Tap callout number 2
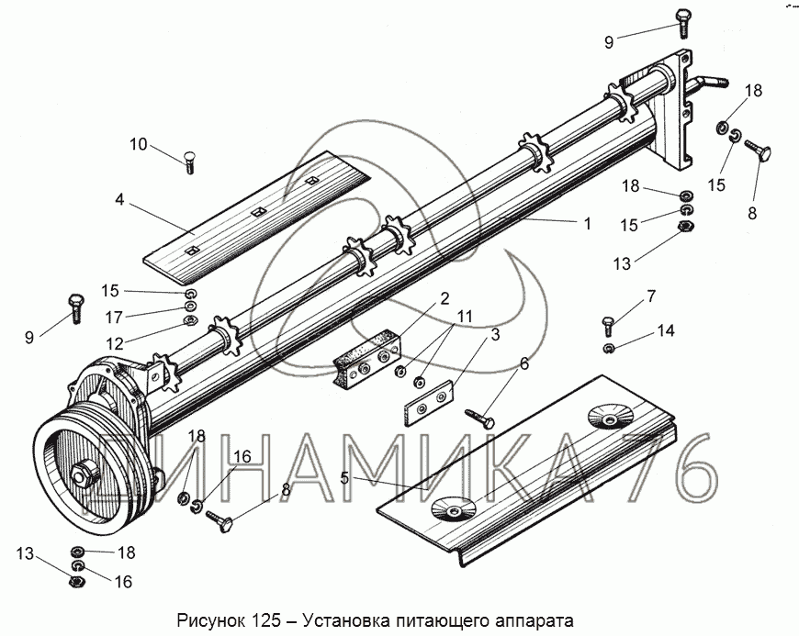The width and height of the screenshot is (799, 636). [x=444, y=298]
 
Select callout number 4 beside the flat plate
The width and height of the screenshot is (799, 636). [x=120, y=199]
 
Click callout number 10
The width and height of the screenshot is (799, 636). [x=138, y=144]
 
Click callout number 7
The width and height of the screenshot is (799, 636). [x=651, y=296]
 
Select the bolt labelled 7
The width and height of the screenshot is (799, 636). [x=607, y=323]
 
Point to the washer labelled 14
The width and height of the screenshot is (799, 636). [x=610, y=349]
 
